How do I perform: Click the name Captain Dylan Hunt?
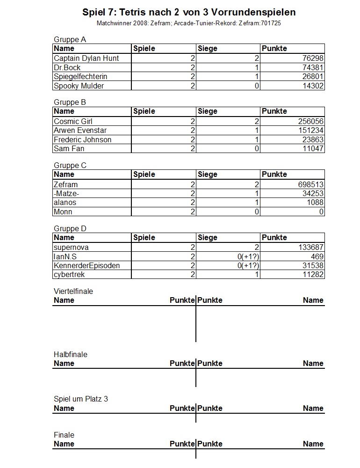(x=86, y=58)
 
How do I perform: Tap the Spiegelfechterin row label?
(x=80, y=76)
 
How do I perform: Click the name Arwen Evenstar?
(x=80, y=130)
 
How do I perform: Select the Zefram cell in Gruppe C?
(x=66, y=184)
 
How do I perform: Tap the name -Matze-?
(x=66, y=193)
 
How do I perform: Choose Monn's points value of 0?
(x=321, y=212)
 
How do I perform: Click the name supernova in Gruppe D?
(x=71, y=248)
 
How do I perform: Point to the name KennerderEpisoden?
(x=86, y=265)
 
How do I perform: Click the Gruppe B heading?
(x=70, y=102)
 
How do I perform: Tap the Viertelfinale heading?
(x=73, y=291)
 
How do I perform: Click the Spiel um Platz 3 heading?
(x=81, y=399)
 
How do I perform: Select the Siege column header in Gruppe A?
(x=208, y=48)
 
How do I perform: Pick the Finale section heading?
(x=64, y=435)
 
